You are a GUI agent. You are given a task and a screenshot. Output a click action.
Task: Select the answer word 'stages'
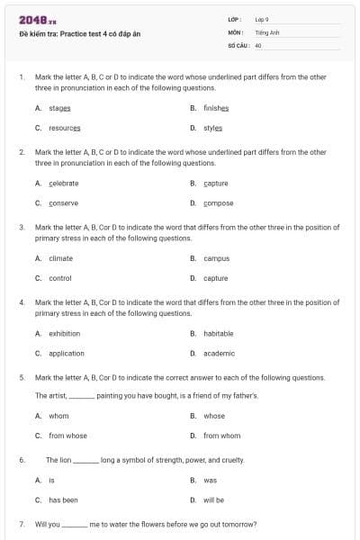pyautogui.click(x=59, y=107)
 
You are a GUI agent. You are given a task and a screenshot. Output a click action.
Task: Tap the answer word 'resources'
pyautogui.click(x=66, y=128)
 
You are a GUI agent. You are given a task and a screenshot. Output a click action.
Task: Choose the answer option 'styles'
pyautogui.click(x=212, y=128)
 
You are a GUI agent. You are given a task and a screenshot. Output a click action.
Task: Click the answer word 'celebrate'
pyautogui.click(x=64, y=183)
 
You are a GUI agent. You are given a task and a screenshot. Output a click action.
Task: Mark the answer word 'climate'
pyautogui.click(x=60, y=258)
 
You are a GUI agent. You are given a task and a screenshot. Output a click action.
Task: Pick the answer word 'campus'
pyautogui.click(x=216, y=258)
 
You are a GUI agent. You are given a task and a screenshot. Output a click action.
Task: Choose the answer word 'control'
pyautogui.click(x=60, y=278)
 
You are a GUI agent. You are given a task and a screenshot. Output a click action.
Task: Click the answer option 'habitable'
pyautogui.click(x=219, y=333)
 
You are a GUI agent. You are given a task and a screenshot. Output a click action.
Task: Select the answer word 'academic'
pyautogui.click(x=219, y=354)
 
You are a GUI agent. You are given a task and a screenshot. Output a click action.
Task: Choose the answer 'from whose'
pyautogui.click(x=67, y=436)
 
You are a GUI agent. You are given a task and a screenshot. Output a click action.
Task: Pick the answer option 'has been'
pyautogui.click(x=63, y=499)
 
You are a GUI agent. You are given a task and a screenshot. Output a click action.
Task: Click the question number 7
pyautogui.click(x=21, y=524)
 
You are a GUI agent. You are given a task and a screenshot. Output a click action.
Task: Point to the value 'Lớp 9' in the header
pyautogui.click(x=263, y=19)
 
